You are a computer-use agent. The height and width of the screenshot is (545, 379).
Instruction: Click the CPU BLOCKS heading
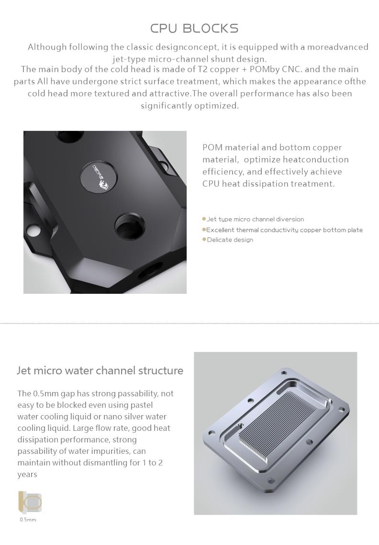[x=194, y=29]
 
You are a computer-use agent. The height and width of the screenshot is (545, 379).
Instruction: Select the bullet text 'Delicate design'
[x=230, y=240]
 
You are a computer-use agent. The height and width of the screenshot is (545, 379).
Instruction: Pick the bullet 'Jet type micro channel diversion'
[x=256, y=219]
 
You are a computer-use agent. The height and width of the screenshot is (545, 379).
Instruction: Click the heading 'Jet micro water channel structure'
[x=100, y=371]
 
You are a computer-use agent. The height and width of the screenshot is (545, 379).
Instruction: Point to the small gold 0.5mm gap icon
[x=30, y=502]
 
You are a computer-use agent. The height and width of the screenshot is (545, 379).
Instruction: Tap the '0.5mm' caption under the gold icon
[x=28, y=520]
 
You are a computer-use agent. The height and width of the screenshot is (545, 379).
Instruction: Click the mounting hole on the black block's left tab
[x=34, y=230]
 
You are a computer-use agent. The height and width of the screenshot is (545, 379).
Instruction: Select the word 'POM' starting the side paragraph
[x=212, y=148]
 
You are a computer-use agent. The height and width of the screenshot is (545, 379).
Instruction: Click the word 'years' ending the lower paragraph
[x=27, y=474]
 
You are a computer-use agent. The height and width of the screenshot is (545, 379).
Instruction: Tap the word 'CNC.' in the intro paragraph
[x=292, y=69]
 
